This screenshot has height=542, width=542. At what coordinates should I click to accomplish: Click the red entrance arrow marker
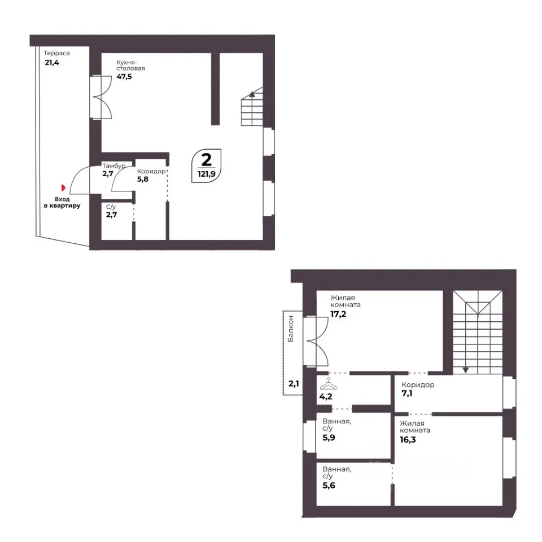[x=63, y=187]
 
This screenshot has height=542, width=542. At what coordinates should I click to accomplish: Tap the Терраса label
[x=56, y=53]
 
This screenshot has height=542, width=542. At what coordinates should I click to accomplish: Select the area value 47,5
[x=124, y=76]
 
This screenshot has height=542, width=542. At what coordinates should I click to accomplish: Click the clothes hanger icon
[x=329, y=384]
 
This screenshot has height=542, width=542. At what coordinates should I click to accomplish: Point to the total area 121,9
[x=207, y=174]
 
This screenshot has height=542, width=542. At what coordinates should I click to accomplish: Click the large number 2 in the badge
[x=207, y=160]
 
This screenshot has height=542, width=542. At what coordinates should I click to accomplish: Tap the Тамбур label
[x=113, y=166]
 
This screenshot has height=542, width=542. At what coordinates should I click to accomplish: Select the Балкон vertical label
[x=291, y=329]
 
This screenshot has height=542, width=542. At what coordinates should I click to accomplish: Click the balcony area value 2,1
[x=294, y=383]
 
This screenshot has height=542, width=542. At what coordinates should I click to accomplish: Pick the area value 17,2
[x=338, y=314]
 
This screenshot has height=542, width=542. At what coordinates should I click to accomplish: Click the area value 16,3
[x=408, y=440]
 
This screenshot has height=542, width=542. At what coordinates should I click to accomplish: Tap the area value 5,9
[x=329, y=438]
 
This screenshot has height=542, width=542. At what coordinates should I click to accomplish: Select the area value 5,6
[x=329, y=486]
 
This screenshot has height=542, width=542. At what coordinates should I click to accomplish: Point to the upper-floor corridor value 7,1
[x=407, y=394]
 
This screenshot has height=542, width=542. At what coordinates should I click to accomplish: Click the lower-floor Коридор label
[x=151, y=171]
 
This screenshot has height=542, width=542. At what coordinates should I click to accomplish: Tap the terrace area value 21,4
[x=52, y=63]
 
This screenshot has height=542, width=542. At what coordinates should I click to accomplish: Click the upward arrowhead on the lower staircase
[x=252, y=93]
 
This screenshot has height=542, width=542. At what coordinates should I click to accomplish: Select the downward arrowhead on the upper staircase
[x=466, y=370]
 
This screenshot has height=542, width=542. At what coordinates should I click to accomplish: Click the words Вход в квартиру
[x=62, y=202]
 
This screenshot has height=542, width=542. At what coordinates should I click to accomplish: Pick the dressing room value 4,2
[x=326, y=396]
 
